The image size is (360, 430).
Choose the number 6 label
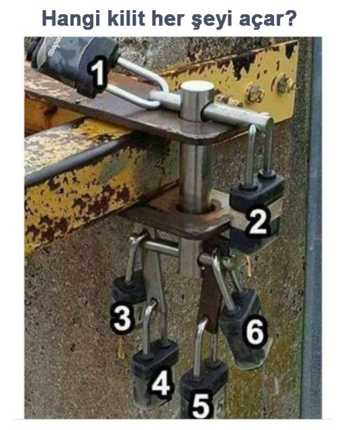[255, 333]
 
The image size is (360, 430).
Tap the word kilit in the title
[126, 18]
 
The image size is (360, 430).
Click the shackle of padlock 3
[132, 258]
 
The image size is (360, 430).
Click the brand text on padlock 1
[50, 48]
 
